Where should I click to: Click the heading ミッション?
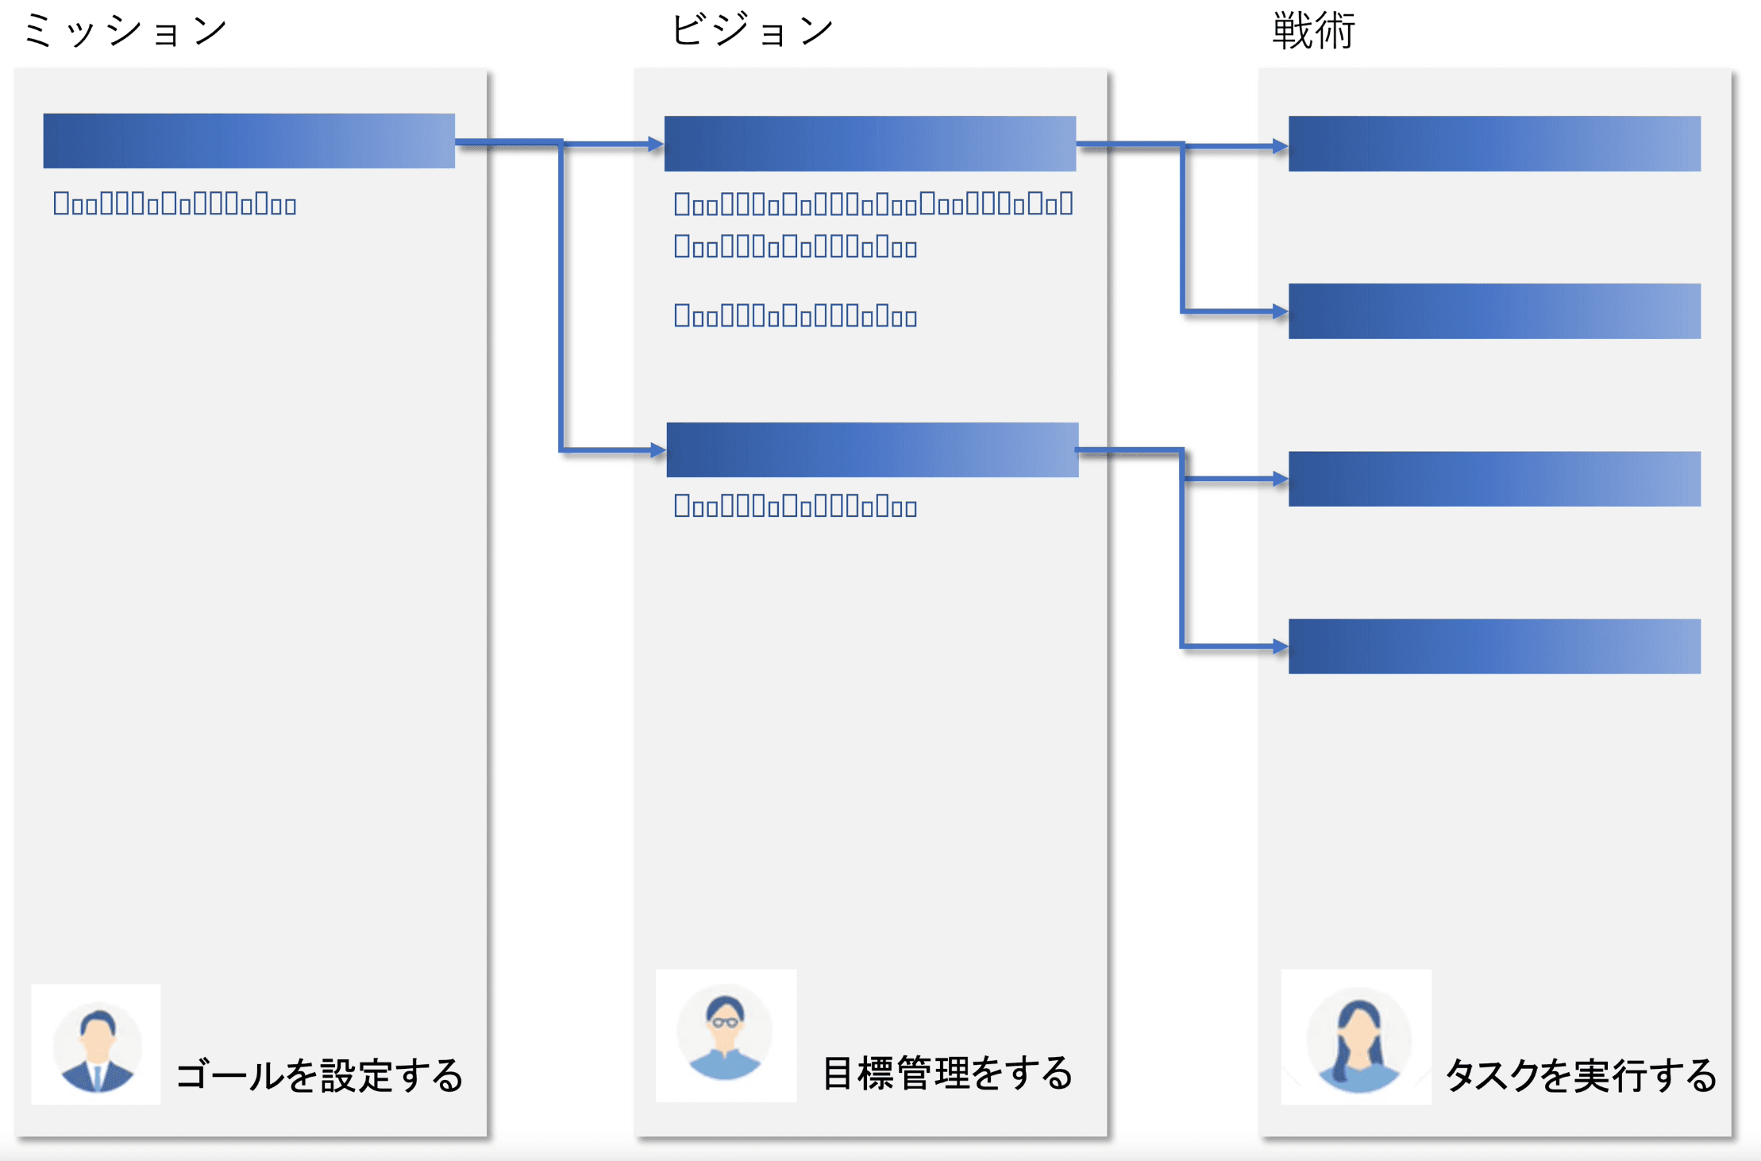tap(125, 32)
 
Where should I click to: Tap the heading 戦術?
tap(1313, 32)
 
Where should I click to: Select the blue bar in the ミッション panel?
tap(249, 141)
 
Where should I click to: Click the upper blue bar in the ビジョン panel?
tap(869, 144)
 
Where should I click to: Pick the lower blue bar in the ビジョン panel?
tap(872, 449)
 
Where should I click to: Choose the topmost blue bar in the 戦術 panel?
tap(1493, 144)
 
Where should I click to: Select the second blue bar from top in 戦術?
tap(1493, 311)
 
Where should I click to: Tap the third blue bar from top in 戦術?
tap(1493, 479)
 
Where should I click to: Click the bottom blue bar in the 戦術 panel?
tap(1493, 646)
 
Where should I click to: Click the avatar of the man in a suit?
tap(96, 1045)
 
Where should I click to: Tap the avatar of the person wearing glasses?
tap(725, 1036)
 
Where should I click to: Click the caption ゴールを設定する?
tap(319, 1076)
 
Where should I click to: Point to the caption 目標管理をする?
tap(946, 1074)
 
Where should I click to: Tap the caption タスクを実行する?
tap(1580, 1076)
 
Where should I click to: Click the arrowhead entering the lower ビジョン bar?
tap(658, 450)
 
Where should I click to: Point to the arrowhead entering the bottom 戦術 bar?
tap(1280, 647)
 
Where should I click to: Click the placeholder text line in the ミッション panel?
tap(175, 205)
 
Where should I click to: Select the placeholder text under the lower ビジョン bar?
tap(795, 507)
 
